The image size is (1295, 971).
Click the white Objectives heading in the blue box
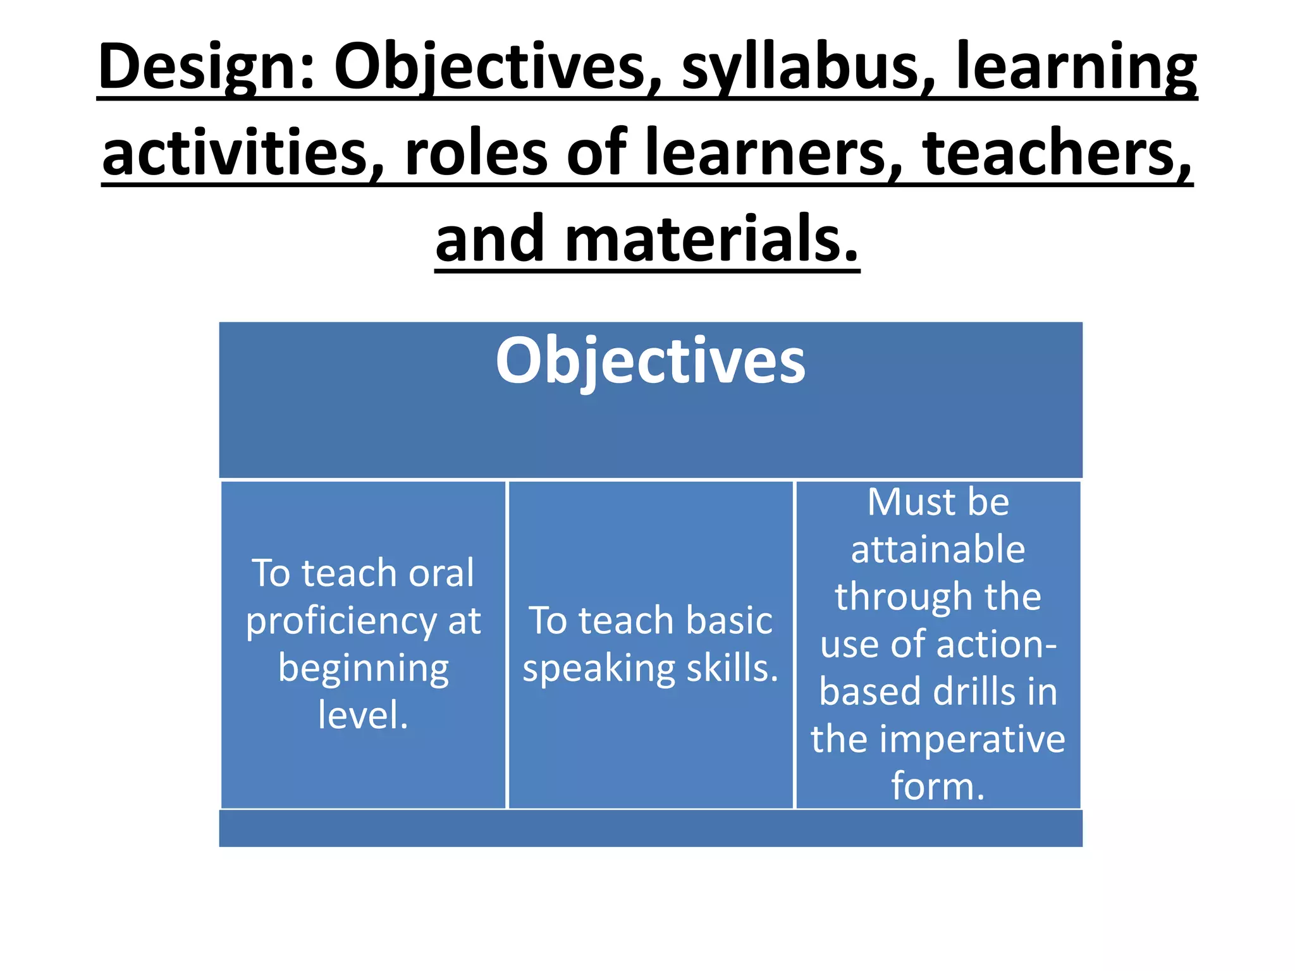[x=650, y=360]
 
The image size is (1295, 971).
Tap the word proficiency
[x=341, y=621]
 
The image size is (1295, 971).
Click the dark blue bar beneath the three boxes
[x=650, y=828]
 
